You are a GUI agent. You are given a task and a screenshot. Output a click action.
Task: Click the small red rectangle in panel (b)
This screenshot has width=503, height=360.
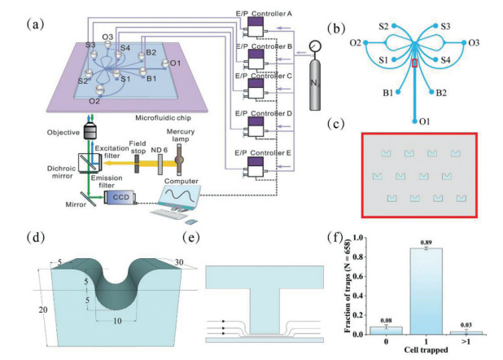415,64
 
